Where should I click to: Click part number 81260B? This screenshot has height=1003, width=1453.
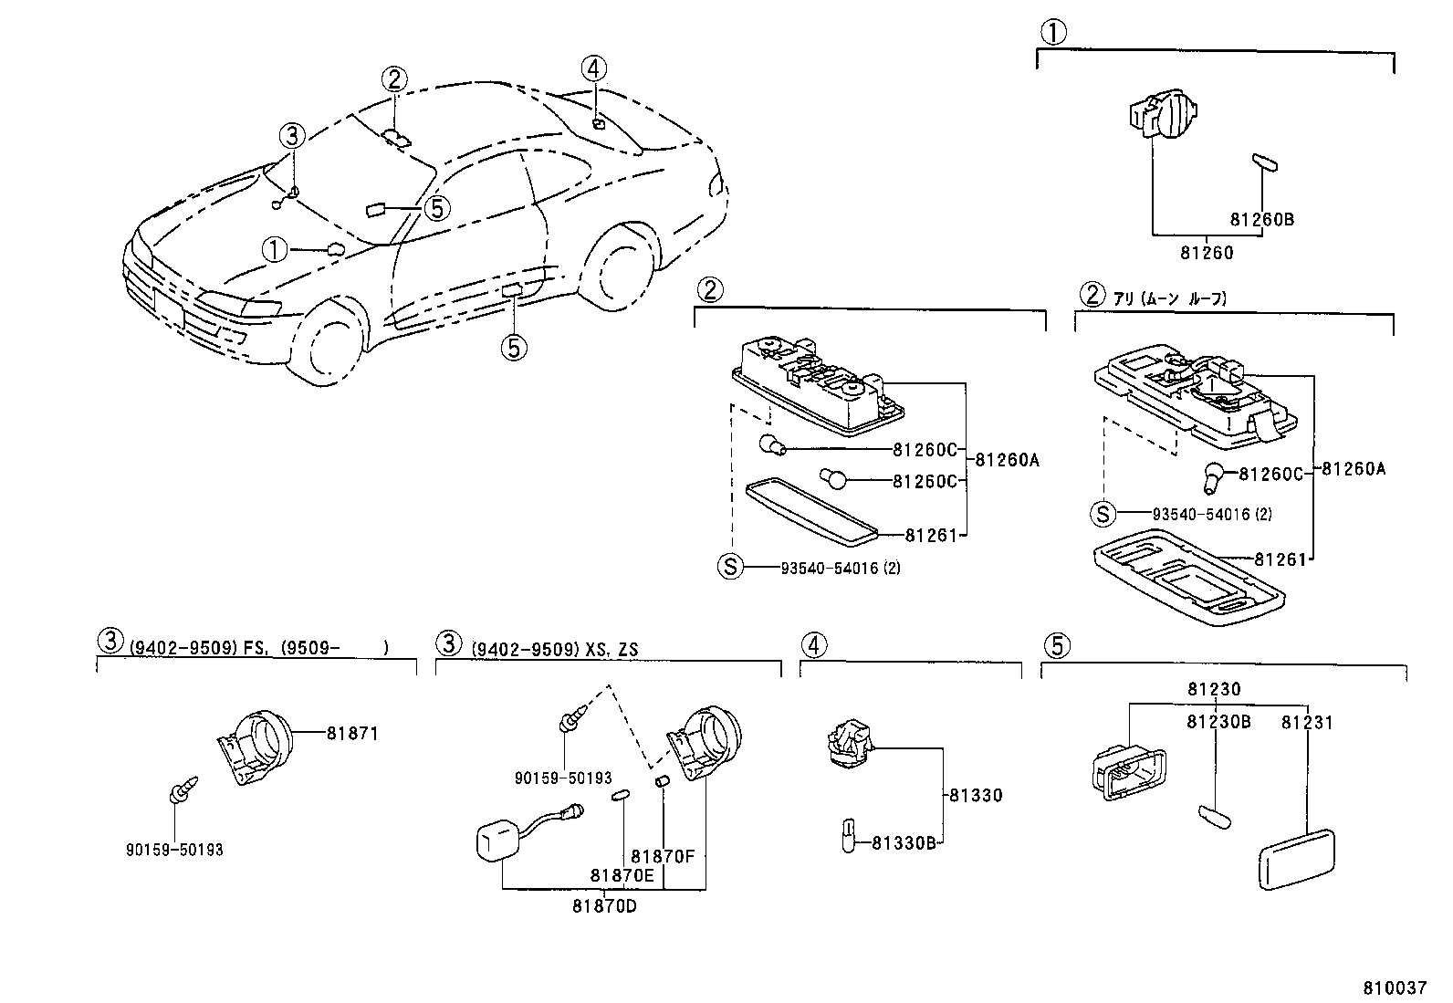coord(1261,220)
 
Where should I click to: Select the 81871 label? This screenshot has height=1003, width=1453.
coord(351,733)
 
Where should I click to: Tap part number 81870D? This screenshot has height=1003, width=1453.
coord(603,905)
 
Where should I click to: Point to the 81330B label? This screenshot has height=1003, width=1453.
coord(904,843)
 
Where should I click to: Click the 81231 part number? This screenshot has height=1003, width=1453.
coord(1306,723)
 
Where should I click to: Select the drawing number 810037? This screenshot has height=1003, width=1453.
coord(1395,988)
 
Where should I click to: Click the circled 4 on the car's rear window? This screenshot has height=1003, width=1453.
coord(593,68)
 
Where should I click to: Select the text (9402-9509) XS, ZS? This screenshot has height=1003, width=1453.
coord(554,649)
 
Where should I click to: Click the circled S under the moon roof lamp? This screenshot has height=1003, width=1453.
coord(1103,514)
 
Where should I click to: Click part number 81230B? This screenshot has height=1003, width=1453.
coord(1218,723)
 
